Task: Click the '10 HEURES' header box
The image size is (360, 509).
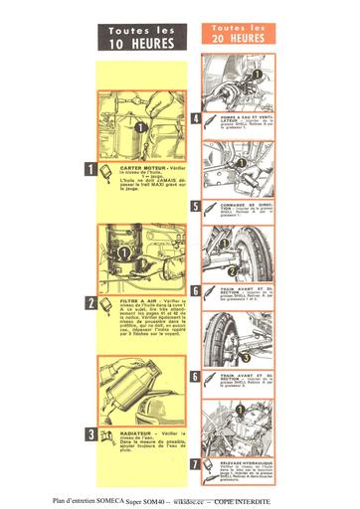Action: (x=142, y=38)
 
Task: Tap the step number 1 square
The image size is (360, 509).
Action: (x=90, y=170)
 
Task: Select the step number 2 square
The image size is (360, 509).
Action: (x=90, y=302)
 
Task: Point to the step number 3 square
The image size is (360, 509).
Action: (x=90, y=433)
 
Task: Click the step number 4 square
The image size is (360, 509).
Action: (x=196, y=117)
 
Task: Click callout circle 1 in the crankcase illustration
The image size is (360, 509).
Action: (x=140, y=127)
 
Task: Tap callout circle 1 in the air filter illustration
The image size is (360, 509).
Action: (x=125, y=253)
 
